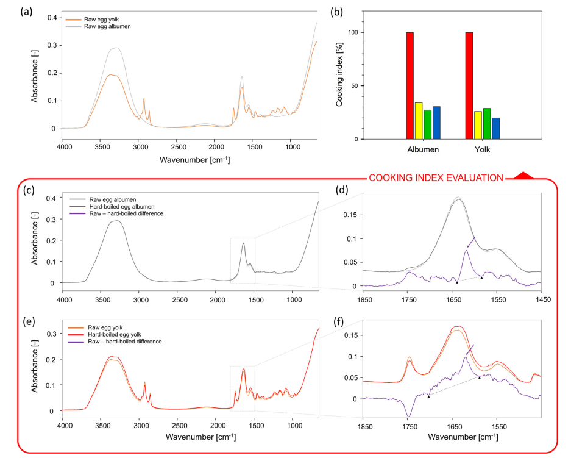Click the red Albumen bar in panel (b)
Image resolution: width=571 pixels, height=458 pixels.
[410, 85]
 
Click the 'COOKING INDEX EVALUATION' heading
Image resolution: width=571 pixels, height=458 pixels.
[436, 178]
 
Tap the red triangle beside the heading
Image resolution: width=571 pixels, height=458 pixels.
[523, 176]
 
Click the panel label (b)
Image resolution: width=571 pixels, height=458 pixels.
[335, 10]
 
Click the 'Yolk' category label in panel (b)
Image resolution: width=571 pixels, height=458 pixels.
[483, 149]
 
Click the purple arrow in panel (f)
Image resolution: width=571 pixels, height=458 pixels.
[470, 350]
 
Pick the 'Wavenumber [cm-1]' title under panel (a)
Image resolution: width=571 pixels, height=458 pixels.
[195, 160]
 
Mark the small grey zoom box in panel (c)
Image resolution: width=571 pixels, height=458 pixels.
[243, 260]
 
